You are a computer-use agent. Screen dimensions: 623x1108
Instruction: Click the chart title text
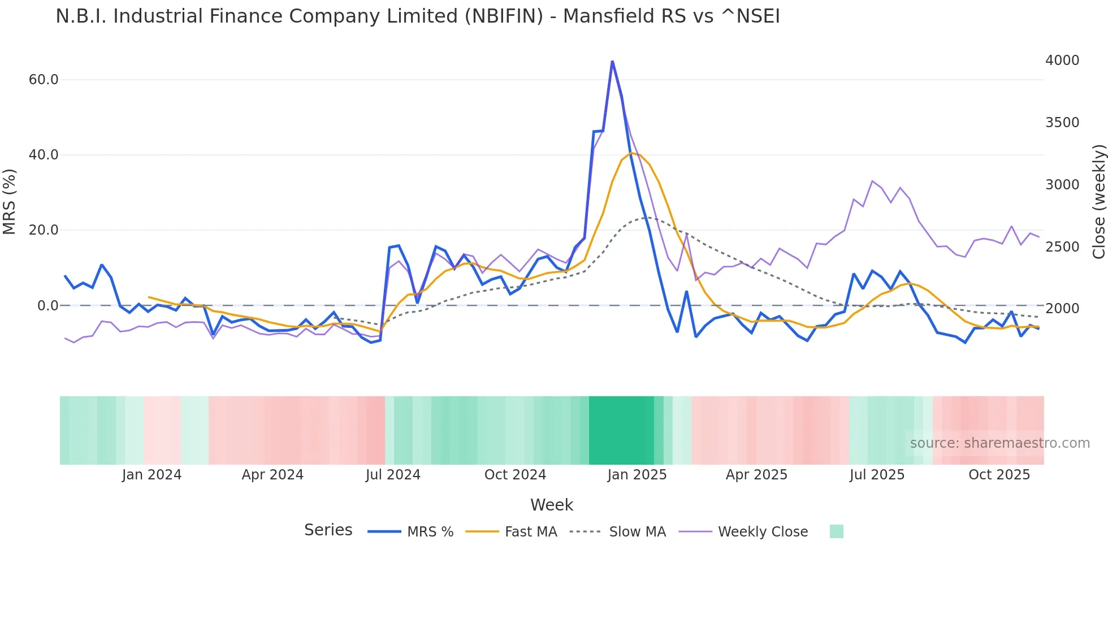[x=417, y=16]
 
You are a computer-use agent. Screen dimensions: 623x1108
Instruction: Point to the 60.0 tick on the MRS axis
[x=44, y=80]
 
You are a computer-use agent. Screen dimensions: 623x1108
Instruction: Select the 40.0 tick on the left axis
[x=44, y=155]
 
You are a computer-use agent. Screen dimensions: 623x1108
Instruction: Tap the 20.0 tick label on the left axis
[x=44, y=230]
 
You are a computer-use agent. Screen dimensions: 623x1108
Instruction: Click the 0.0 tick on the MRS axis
[x=47, y=306]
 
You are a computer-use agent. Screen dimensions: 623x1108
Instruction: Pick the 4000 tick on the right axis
[x=1062, y=60]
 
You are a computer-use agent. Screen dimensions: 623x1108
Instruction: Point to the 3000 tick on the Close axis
[x=1062, y=185]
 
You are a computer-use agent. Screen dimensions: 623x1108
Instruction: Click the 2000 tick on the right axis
[x=1062, y=309]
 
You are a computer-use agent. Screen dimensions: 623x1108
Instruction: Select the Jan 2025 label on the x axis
[x=637, y=475]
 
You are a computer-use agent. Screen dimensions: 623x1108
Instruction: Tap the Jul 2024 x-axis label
[x=393, y=475]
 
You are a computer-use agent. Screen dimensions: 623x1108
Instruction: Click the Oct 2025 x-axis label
[x=999, y=475]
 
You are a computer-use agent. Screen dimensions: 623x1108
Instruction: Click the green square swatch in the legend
[x=836, y=531]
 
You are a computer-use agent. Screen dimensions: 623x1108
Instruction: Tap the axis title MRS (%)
[x=10, y=201]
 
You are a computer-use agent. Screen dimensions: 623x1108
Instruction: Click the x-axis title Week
[x=551, y=505]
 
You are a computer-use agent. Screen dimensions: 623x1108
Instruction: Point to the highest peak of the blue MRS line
[x=612, y=61]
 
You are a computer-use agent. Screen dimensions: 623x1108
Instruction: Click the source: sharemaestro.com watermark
[x=999, y=443]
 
